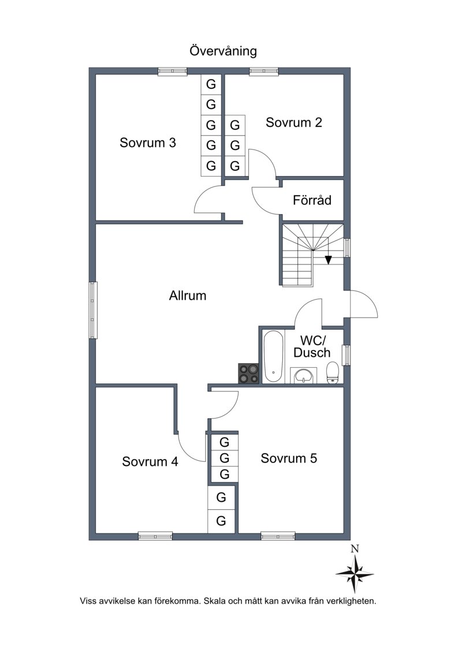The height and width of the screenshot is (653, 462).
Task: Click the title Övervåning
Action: point(223,51)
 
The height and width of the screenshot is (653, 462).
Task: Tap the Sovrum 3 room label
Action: point(147,143)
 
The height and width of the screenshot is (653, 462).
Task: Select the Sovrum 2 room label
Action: point(294,122)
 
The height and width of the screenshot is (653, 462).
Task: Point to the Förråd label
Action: point(312,200)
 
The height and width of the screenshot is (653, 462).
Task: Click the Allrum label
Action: point(188,296)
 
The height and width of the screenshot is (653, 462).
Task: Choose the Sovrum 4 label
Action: point(150,461)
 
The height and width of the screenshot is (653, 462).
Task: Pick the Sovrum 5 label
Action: point(289,458)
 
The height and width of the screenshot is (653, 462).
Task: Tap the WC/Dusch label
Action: point(312,346)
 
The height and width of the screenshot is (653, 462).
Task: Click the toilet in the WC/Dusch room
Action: point(333,372)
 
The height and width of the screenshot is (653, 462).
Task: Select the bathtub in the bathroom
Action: point(273,356)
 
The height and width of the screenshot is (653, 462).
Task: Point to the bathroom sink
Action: point(303,375)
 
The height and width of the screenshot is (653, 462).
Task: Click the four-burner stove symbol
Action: point(248,373)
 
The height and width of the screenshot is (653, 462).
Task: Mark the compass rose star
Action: point(355,574)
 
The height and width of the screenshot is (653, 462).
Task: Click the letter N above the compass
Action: point(355,549)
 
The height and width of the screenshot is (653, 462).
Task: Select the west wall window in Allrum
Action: point(93,310)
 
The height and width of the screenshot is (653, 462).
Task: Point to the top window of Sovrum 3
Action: point(172,72)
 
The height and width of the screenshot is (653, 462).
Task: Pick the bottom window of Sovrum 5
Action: point(278,536)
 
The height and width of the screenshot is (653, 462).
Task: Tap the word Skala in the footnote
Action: point(213,601)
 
